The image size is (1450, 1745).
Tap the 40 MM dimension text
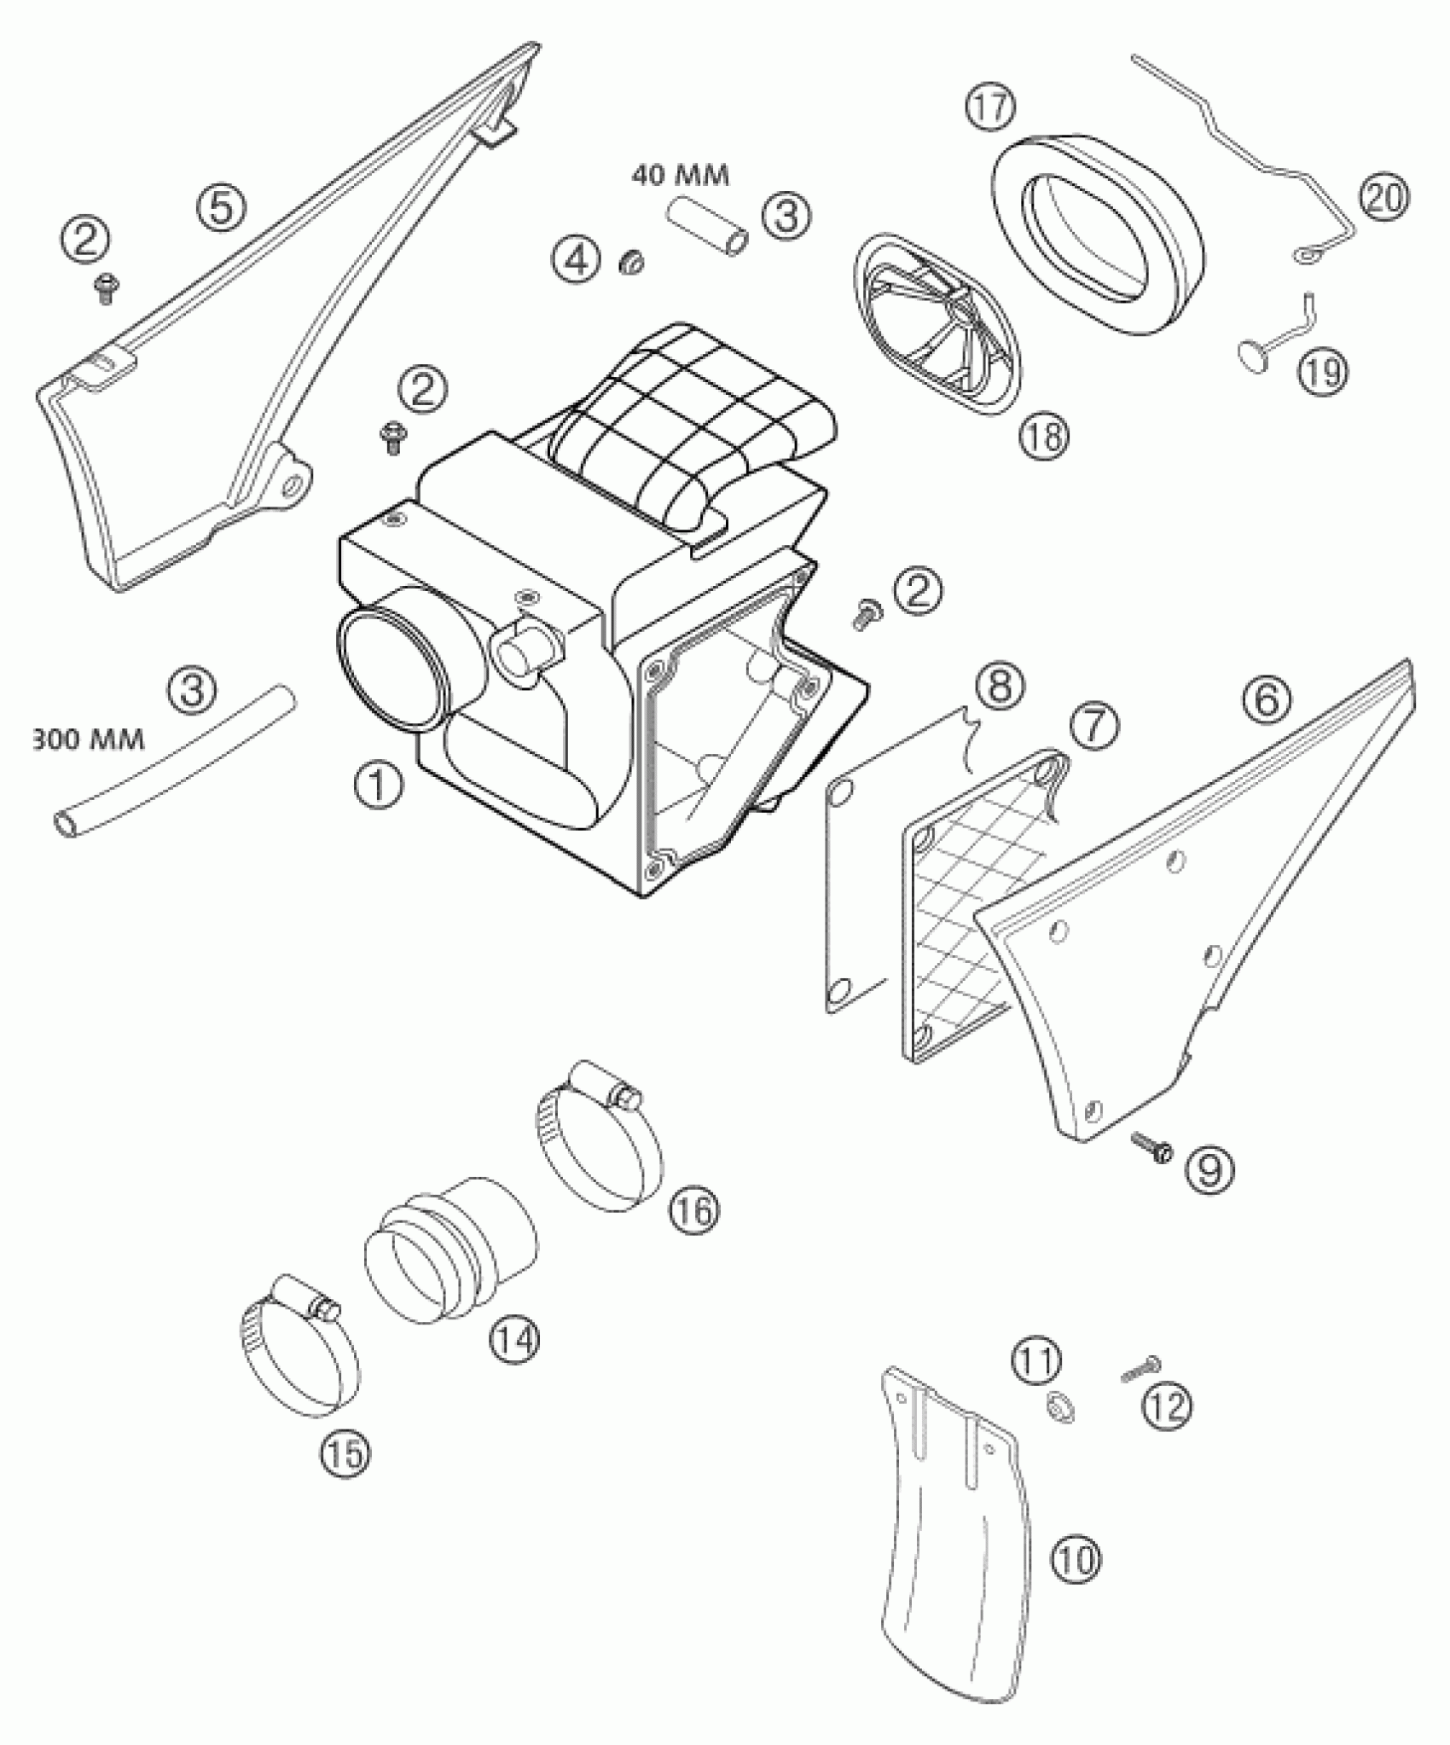point(681,177)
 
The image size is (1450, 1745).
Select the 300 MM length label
point(88,739)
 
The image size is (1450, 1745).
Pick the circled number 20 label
point(1383,198)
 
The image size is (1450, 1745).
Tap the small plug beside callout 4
point(630,262)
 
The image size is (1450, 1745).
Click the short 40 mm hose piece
point(710,227)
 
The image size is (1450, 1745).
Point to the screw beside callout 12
point(1138,1370)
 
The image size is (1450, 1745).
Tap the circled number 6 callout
point(1266,699)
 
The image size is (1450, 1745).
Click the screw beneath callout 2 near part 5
point(107,289)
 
